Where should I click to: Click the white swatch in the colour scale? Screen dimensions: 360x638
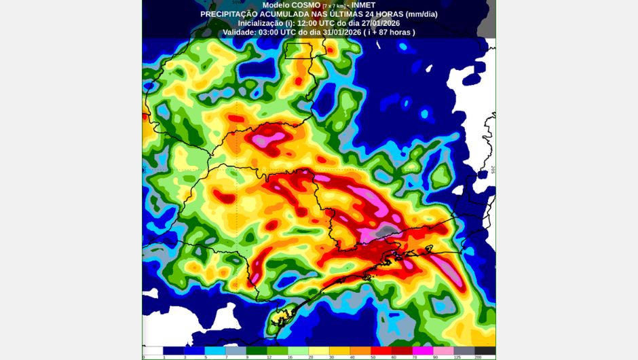point(153,350)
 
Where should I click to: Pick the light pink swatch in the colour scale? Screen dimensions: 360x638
point(443,350)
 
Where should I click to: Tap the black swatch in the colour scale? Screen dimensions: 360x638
point(485,350)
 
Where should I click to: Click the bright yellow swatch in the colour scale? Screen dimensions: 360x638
point(318,350)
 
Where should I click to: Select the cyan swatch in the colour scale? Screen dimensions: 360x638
point(214,350)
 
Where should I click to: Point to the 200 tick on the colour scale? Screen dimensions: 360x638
point(478,357)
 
